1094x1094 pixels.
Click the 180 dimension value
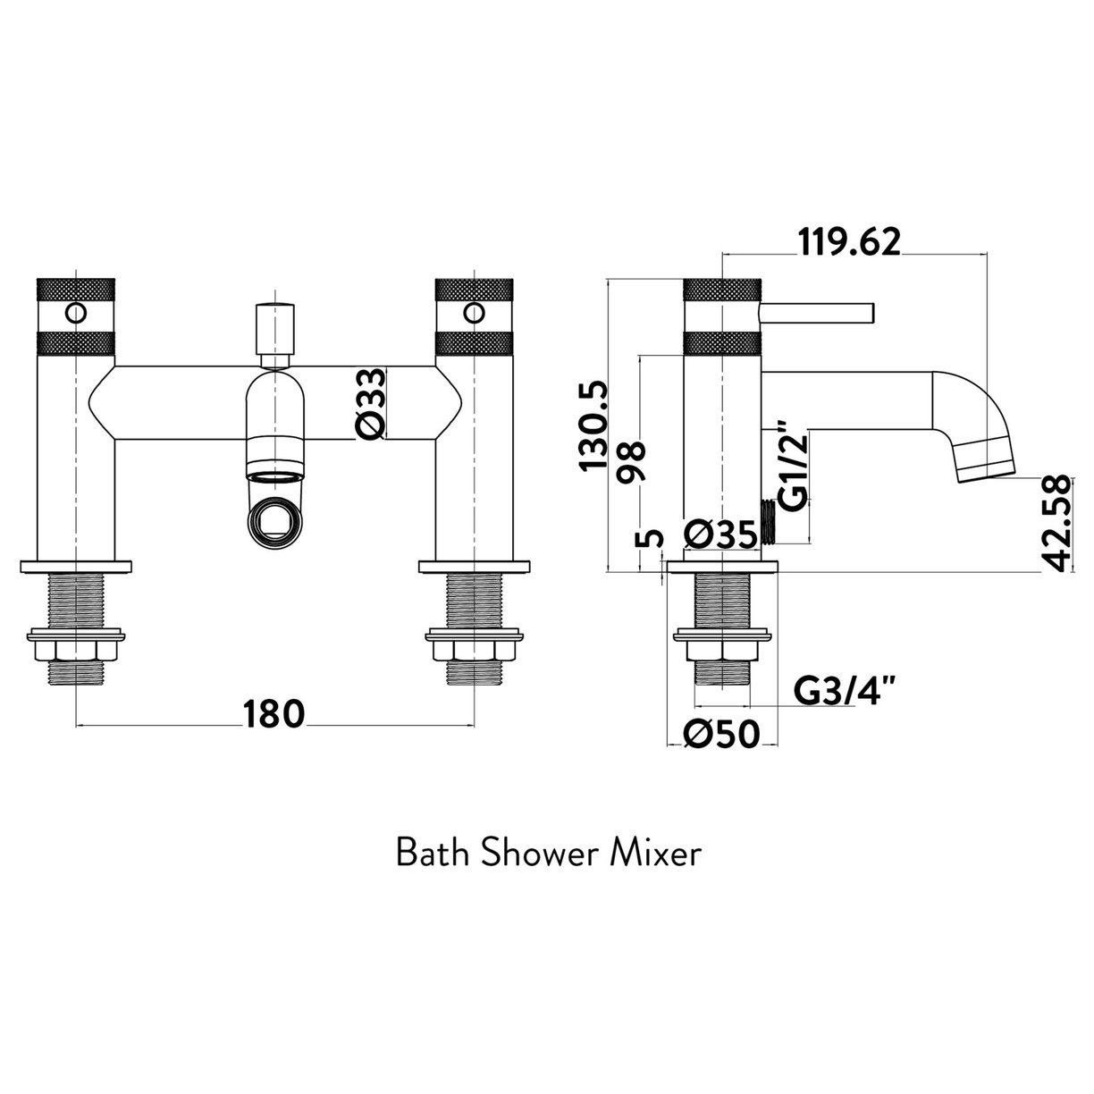coord(273,713)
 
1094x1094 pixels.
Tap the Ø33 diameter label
coord(372,403)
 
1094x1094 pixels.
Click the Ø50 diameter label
coord(721,735)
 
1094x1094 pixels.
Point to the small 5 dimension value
coord(653,538)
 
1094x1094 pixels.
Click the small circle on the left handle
coord(77,315)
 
